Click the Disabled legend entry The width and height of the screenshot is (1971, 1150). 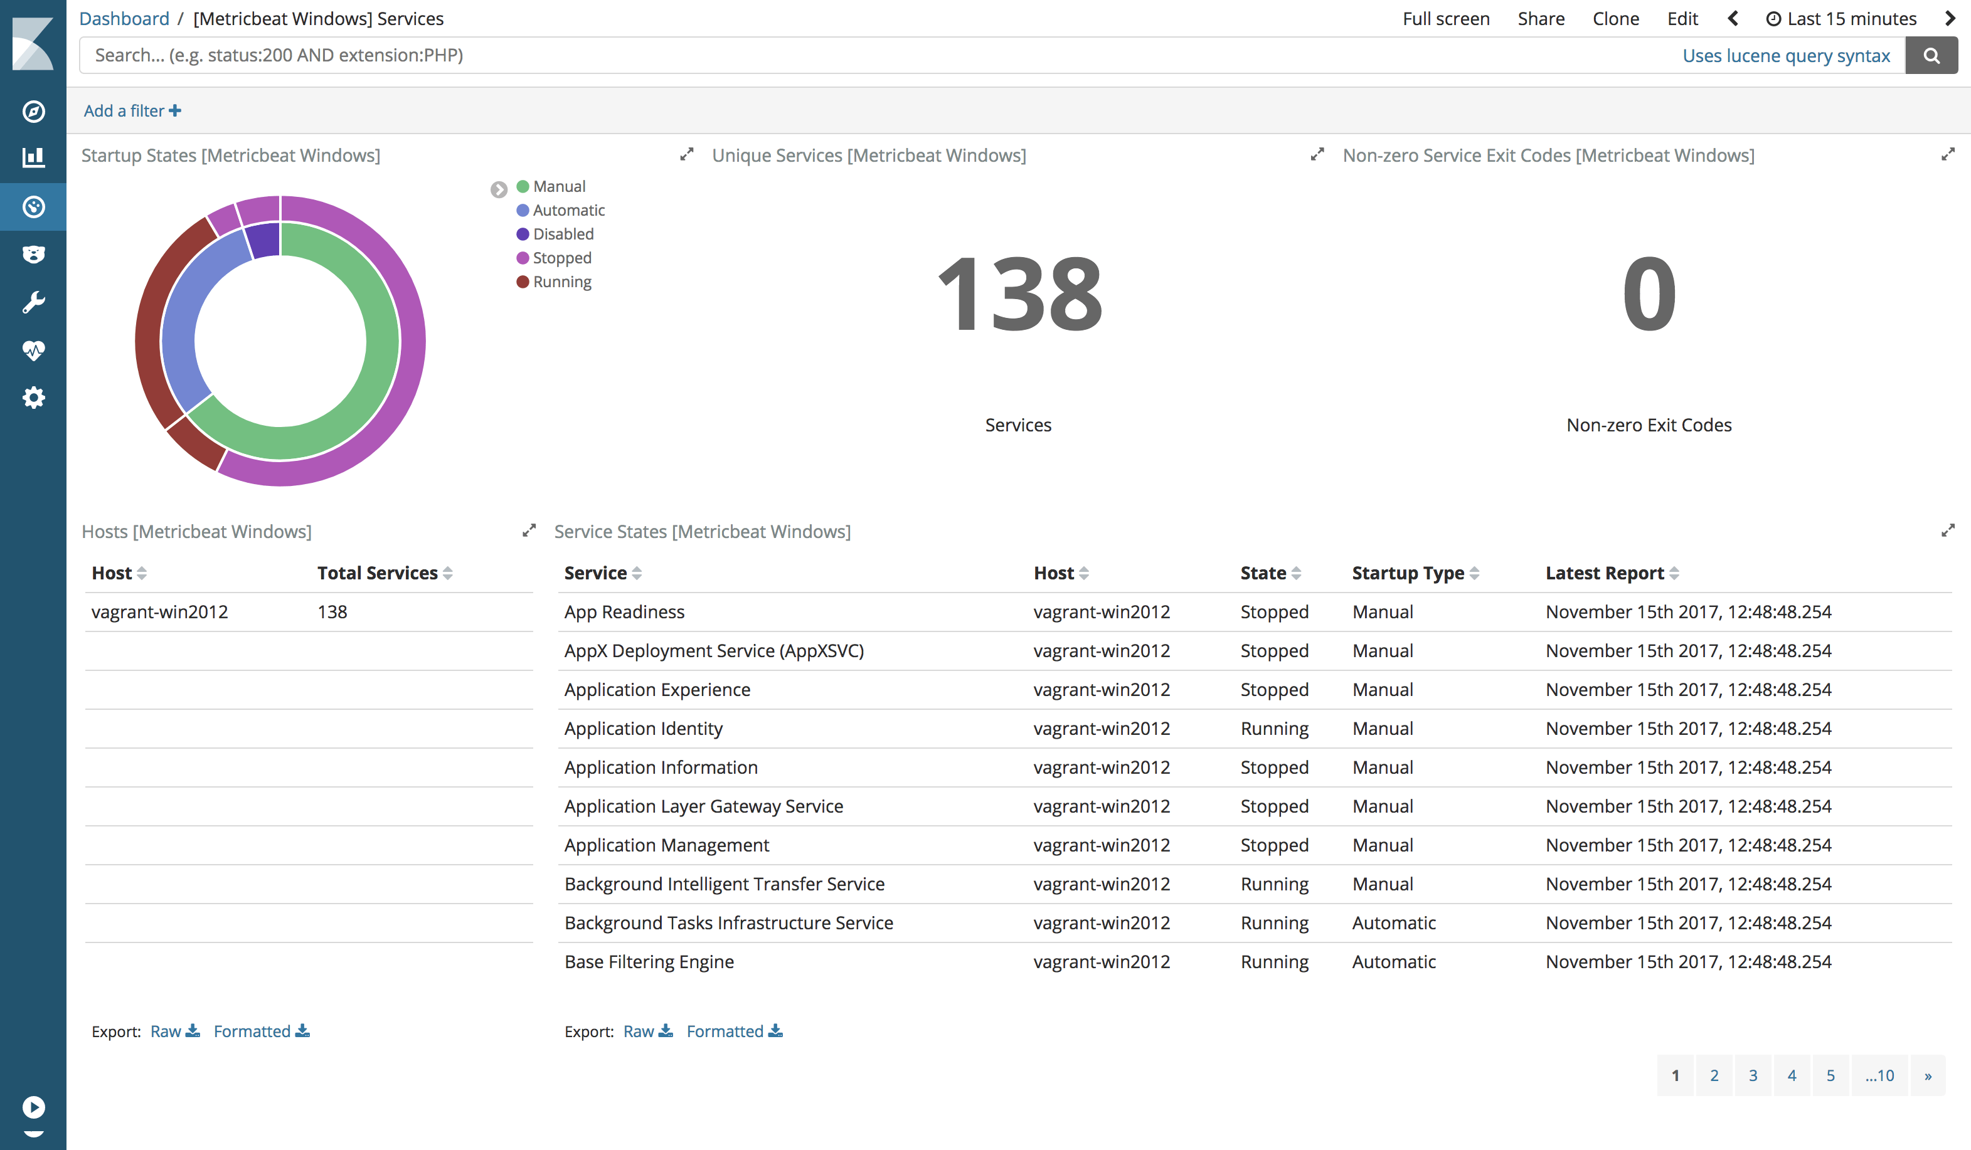pyautogui.click(x=562, y=234)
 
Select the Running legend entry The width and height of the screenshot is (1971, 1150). pyautogui.click(x=561, y=282)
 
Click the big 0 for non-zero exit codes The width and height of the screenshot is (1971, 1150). pyautogui.click(x=1649, y=295)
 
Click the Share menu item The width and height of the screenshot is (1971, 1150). pyautogui.click(x=1541, y=19)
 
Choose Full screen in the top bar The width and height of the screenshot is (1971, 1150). pyautogui.click(x=1445, y=19)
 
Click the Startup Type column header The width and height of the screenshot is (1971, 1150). pyautogui.click(x=1408, y=573)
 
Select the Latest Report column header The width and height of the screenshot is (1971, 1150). pyautogui.click(x=1604, y=573)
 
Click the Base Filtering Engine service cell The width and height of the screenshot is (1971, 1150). pyautogui.click(x=649, y=962)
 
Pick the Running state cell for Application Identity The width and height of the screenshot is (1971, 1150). pyautogui.click(x=1274, y=729)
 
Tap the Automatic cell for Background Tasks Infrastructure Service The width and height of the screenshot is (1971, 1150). pyautogui.click(x=1394, y=923)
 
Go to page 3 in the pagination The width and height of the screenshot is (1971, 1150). pyautogui.click(x=1753, y=1076)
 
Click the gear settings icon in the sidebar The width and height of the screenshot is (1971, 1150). pyautogui.click(x=33, y=398)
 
